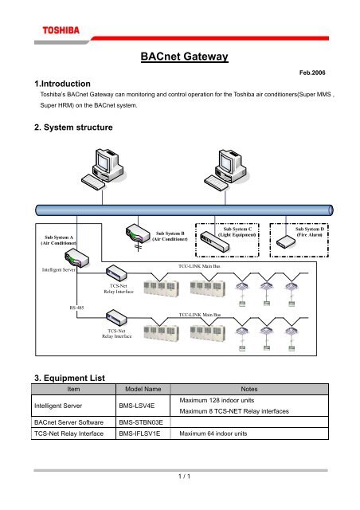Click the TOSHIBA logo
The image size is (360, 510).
(x=57, y=31)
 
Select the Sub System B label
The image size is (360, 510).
(x=169, y=236)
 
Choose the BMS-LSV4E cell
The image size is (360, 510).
(x=139, y=405)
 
